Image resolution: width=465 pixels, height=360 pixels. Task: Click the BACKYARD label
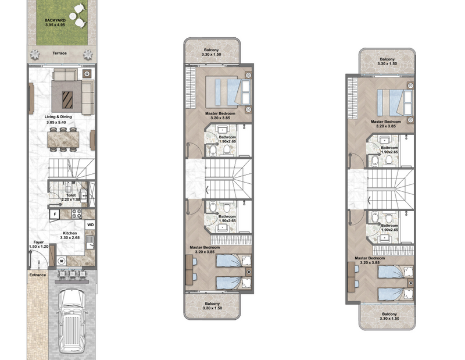[x=55, y=20]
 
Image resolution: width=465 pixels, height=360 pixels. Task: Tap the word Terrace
[x=60, y=53]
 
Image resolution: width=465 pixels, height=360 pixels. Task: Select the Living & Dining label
[x=58, y=117]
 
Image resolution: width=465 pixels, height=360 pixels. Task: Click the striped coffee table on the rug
[x=67, y=99]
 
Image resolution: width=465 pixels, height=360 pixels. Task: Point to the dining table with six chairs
[x=63, y=140]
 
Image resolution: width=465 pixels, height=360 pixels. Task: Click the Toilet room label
[x=71, y=195]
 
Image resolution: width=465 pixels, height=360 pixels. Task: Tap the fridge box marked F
[x=55, y=214]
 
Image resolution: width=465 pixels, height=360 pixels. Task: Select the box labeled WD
[x=91, y=224]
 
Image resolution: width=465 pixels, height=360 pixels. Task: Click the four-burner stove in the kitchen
[x=77, y=214]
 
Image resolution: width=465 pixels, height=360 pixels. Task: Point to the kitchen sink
[x=90, y=243]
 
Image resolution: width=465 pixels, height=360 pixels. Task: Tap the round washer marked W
[x=62, y=261]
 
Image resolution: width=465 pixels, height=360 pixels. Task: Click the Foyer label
[x=38, y=242]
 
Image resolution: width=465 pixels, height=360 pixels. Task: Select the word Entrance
[x=38, y=275]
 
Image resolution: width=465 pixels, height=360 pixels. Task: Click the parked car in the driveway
[x=71, y=320]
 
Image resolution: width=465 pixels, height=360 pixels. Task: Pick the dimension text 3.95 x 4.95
[x=55, y=25]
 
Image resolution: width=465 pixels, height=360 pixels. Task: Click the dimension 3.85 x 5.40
[x=56, y=122]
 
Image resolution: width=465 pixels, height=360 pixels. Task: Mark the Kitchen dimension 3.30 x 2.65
[x=70, y=237]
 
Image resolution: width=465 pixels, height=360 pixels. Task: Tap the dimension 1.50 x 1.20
[x=39, y=247]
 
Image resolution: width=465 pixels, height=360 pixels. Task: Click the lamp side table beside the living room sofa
[x=87, y=74]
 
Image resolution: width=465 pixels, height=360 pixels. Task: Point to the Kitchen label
[x=70, y=233]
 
